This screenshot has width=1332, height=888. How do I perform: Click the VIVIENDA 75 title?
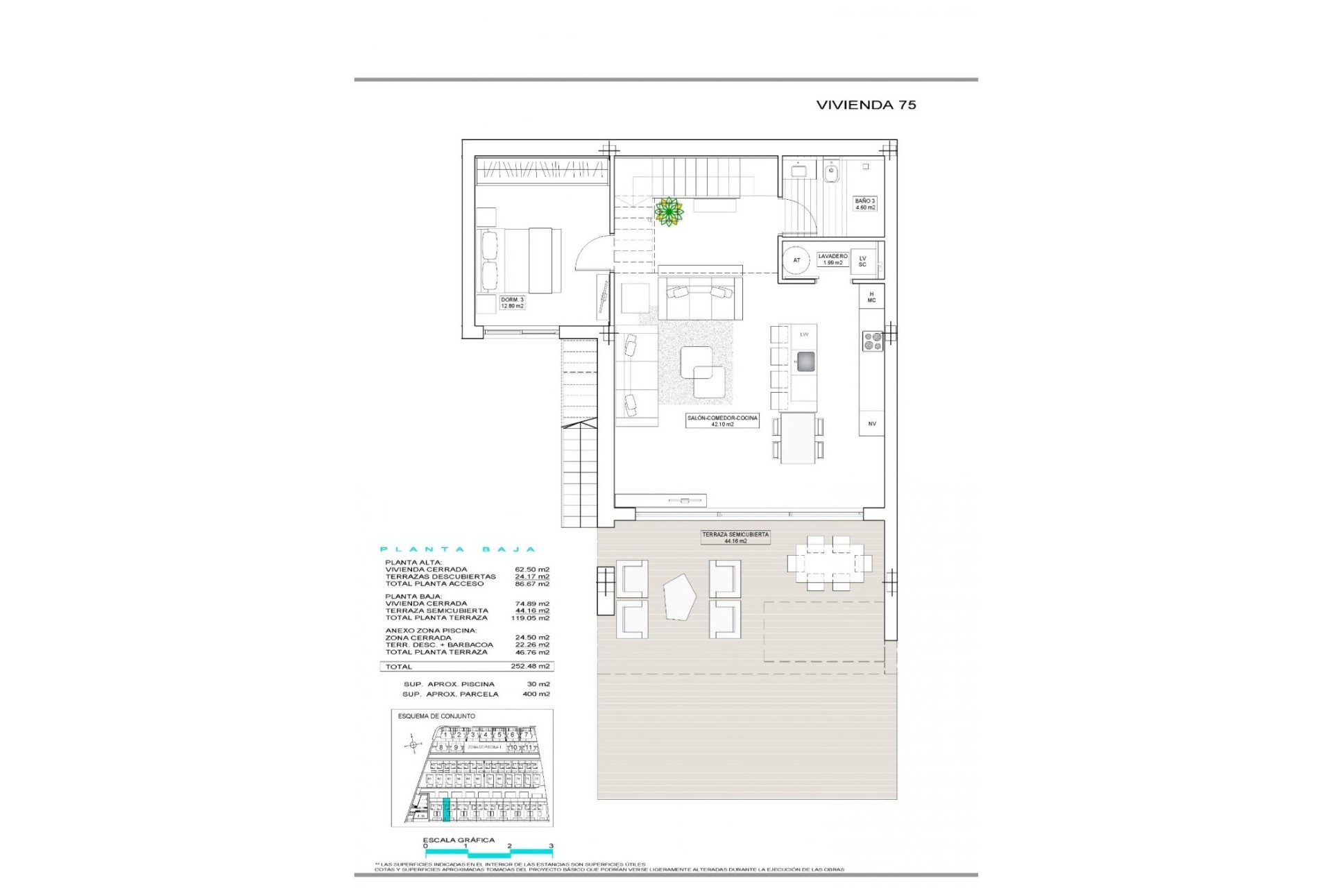[x=866, y=105]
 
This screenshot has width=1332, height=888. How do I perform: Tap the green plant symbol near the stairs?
[x=669, y=212]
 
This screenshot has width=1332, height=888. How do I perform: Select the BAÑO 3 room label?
[x=864, y=204]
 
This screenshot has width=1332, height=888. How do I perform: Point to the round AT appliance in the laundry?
[x=796, y=260]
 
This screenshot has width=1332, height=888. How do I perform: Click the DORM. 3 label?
[x=512, y=302]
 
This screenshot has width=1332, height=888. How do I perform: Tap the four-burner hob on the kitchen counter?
[x=872, y=341]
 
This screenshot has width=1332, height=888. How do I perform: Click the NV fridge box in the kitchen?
[x=872, y=423]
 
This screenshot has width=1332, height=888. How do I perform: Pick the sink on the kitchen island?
[x=805, y=362]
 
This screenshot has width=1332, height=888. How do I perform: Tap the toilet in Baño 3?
[x=831, y=171]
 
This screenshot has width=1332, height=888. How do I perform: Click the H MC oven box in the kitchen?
[x=871, y=297]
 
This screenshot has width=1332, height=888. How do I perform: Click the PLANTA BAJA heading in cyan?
[x=459, y=549]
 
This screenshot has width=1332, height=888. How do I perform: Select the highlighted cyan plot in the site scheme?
[x=446, y=810]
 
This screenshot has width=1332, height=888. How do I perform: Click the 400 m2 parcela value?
[x=536, y=694]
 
